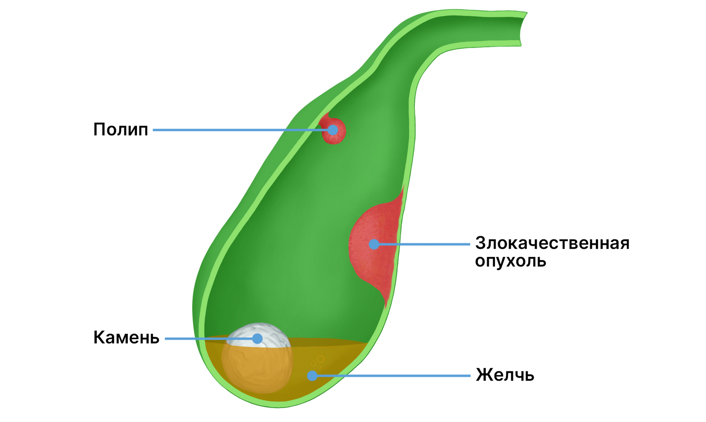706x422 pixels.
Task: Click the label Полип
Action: (x=121, y=130)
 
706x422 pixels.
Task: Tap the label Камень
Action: (x=126, y=338)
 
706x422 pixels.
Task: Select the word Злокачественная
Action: (x=552, y=243)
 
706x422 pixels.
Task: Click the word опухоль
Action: (x=511, y=261)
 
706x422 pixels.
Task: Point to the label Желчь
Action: (x=505, y=375)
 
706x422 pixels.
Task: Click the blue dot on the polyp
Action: (x=333, y=130)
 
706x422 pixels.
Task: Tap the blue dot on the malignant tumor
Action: (x=374, y=244)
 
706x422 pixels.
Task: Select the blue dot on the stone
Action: (x=257, y=338)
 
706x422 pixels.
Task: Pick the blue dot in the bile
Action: (x=312, y=376)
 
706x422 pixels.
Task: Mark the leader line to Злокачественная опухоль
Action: (x=424, y=244)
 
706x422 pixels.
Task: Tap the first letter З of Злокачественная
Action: (x=480, y=243)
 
